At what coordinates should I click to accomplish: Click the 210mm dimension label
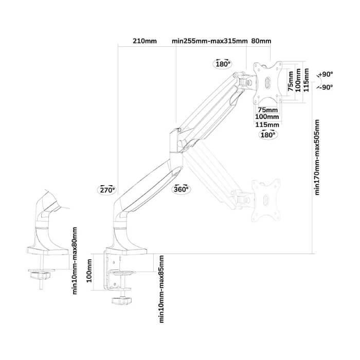(145, 41)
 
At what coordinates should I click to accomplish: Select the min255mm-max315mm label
(210, 41)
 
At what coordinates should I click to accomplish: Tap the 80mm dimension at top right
(261, 41)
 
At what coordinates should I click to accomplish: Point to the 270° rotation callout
(107, 190)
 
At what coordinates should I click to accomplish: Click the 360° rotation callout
(181, 189)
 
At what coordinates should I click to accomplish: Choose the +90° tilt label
(326, 75)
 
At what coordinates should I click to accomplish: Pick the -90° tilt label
(326, 87)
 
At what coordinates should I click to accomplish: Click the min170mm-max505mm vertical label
(317, 157)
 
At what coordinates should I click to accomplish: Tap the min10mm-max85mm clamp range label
(161, 289)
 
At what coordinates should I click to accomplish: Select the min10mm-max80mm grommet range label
(75, 261)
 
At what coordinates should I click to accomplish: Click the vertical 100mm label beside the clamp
(89, 271)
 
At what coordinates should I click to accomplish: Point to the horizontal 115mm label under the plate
(267, 124)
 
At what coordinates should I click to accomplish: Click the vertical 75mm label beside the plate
(291, 81)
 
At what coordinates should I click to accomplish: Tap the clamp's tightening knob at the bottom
(121, 300)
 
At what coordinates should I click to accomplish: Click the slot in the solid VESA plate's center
(267, 82)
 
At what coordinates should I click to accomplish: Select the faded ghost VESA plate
(266, 200)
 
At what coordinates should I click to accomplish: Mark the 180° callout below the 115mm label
(268, 135)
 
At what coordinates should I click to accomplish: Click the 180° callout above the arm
(223, 64)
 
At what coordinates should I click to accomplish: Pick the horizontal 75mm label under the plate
(268, 110)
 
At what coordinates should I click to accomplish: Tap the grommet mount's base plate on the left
(48, 251)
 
